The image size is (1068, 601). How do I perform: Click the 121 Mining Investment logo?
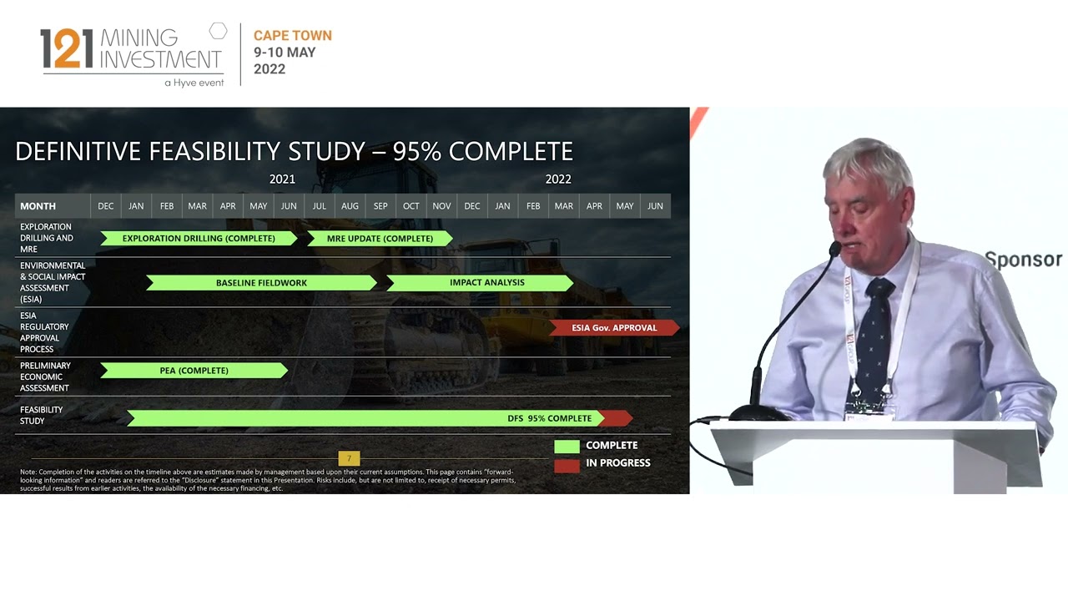132,54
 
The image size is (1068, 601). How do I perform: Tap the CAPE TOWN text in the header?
292,36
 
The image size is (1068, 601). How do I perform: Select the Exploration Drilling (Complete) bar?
199,239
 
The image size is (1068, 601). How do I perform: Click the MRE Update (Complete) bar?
380,239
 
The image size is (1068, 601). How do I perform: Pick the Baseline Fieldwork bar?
261,283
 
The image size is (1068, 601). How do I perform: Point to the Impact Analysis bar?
486,283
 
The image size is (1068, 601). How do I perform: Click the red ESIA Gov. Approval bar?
614,328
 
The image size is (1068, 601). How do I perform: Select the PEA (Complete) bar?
194,371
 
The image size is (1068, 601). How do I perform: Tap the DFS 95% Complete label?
549,418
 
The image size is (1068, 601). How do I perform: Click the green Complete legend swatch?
567,447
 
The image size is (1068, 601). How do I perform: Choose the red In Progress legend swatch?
567,465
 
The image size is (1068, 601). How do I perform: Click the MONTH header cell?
38,206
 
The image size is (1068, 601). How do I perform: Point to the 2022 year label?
558,179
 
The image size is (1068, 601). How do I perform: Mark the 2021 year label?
282,179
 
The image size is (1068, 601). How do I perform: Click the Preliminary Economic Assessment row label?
45,376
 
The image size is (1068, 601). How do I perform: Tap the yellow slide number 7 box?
349,458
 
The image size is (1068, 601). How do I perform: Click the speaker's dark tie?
876,334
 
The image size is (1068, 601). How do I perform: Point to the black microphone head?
834,249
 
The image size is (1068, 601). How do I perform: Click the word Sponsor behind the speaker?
1023,260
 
